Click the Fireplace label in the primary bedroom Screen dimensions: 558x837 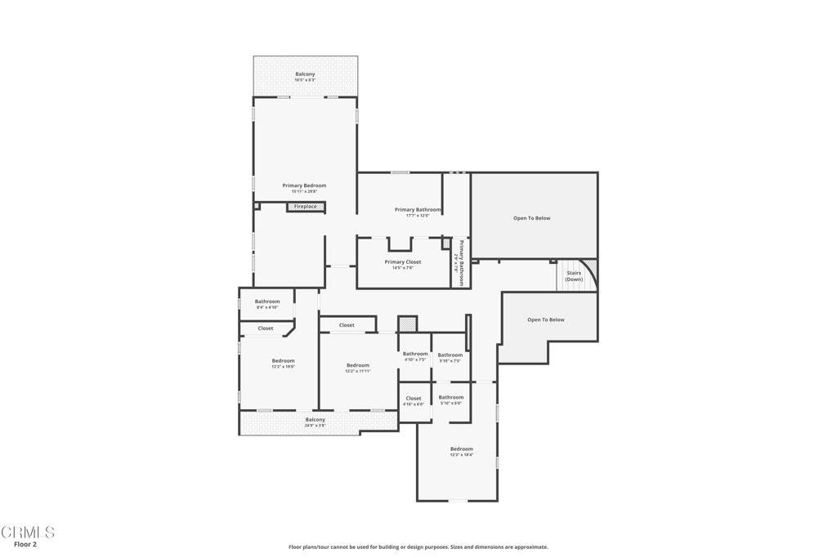pyautogui.click(x=306, y=207)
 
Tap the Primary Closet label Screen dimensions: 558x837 pyautogui.click(x=403, y=262)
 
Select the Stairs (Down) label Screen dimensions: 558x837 pyautogui.click(x=574, y=276)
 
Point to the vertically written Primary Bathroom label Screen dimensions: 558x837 pyautogui.click(x=461, y=262)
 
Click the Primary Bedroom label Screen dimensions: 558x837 pyautogui.click(x=304, y=185)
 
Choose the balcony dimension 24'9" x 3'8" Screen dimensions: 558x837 pyautogui.click(x=316, y=426)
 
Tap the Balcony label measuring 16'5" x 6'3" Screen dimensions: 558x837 pyautogui.click(x=305, y=74)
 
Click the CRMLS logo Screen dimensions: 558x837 pyautogui.click(x=28, y=533)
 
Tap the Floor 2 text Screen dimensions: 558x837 pyautogui.click(x=25, y=544)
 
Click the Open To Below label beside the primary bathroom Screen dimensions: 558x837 pyautogui.click(x=531, y=218)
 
